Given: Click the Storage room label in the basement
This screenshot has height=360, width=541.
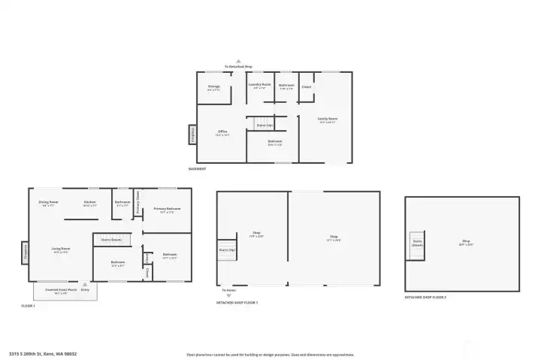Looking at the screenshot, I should pos(214,87).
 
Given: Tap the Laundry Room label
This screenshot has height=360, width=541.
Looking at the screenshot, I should pos(259,86).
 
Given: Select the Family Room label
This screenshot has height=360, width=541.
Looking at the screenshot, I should pos(327,119).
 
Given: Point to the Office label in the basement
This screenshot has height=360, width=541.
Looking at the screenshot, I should pos(222,133).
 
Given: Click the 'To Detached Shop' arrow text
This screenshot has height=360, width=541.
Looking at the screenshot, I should pos(239,67).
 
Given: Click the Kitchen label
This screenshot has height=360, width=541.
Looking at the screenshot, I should pos(90,202).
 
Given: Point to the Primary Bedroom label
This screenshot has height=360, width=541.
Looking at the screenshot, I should pos(167,210).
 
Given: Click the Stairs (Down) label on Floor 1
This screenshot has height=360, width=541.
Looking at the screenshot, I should pos(111,239).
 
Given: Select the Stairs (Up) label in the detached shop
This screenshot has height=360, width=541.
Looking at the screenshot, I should pos(227,250).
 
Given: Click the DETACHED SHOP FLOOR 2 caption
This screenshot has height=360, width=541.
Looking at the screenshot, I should pos(425,298).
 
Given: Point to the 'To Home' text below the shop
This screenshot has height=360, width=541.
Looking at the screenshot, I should pos(229,289).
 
